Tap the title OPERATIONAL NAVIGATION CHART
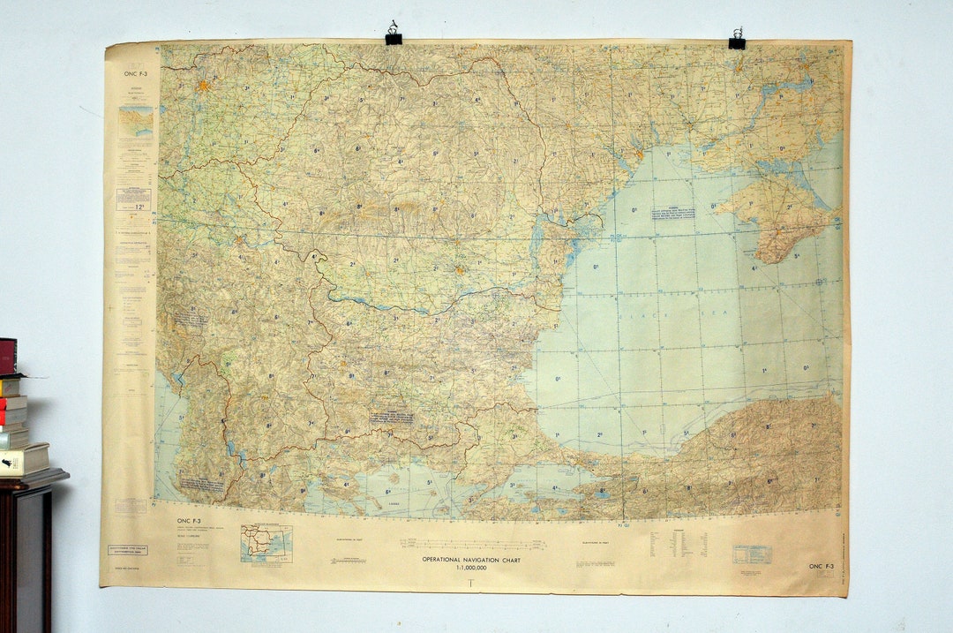470,560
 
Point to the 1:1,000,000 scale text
470,568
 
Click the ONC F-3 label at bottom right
821,567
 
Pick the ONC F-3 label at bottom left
189,521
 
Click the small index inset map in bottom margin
266,542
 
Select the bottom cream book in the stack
24,459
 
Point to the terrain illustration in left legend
135,121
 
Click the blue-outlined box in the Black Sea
673,213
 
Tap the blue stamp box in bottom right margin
751,554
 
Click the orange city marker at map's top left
204,86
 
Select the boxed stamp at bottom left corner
128,550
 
